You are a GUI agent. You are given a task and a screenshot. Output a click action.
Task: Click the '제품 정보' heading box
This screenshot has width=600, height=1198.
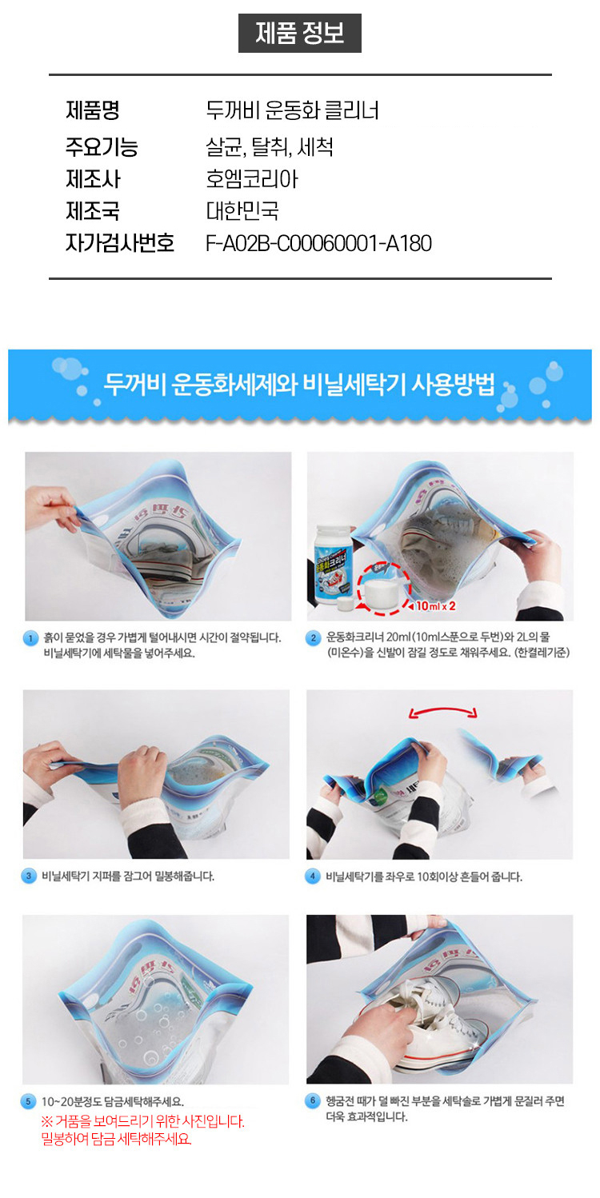[299, 34]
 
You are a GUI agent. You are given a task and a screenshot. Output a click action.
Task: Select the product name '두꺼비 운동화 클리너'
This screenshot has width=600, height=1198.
[292, 110]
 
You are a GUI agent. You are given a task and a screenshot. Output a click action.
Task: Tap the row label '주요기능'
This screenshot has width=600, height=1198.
[102, 147]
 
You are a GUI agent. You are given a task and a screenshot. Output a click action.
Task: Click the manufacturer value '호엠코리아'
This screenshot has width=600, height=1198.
[251, 179]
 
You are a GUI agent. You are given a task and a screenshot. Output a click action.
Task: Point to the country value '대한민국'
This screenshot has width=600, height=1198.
[242, 211]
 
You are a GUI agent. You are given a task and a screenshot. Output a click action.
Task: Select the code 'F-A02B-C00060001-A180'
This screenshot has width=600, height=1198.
[318, 243]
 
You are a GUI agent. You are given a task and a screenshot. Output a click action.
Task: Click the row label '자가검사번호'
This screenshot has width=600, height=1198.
[120, 243]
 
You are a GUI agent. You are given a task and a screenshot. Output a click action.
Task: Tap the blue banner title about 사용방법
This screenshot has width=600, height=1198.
[299, 385]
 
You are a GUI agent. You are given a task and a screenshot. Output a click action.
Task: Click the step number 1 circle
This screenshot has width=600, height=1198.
[30, 638]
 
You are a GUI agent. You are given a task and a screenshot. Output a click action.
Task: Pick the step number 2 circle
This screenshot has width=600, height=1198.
[314, 638]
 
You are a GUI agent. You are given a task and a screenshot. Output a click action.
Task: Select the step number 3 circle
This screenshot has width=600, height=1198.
[30, 877]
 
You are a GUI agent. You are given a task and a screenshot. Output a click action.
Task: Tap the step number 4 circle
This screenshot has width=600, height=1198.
[314, 877]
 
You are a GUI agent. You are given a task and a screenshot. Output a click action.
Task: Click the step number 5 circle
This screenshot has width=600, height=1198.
[30, 1102]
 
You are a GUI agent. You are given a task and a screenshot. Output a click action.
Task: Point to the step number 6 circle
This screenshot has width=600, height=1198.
[314, 1102]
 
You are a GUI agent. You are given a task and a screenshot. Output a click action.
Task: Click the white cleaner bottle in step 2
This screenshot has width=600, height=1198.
[340, 564]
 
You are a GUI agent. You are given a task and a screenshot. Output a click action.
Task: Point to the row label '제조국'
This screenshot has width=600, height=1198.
[93, 211]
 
